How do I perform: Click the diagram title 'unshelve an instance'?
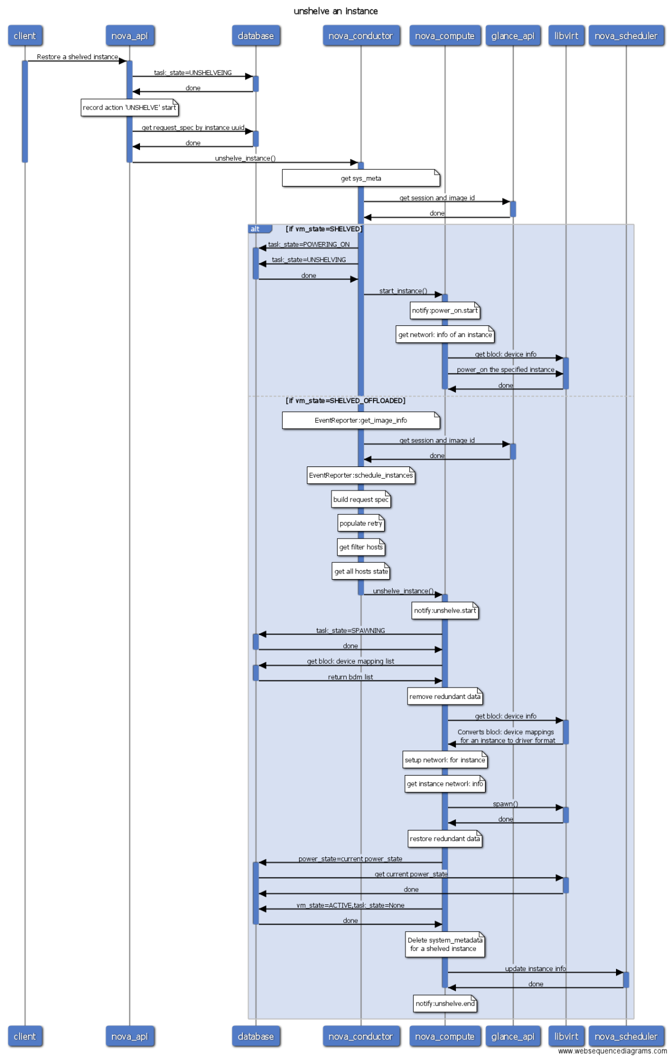point(335,11)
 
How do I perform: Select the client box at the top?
point(25,36)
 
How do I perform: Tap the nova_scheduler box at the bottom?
point(626,1037)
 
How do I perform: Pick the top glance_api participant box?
point(512,36)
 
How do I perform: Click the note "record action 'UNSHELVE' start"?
point(129,108)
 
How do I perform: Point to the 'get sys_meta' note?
point(361,178)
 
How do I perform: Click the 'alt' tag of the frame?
point(256,229)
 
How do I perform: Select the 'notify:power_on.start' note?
point(445,310)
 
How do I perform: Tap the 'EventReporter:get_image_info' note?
point(361,420)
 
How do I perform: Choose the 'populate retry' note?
point(361,524)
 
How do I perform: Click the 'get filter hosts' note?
point(361,547)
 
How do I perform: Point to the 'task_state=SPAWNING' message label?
point(351,631)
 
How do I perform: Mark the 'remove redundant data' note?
point(445,697)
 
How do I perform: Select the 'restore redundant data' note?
point(445,839)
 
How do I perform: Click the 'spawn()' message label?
point(505,804)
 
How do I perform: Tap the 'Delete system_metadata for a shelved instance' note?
point(445,944)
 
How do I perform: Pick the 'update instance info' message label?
point(535,968)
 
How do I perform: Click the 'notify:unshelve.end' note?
point(445,1004)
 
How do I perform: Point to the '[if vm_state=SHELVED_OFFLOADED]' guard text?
point(346,400)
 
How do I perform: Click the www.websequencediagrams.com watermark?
point(612,1051)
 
